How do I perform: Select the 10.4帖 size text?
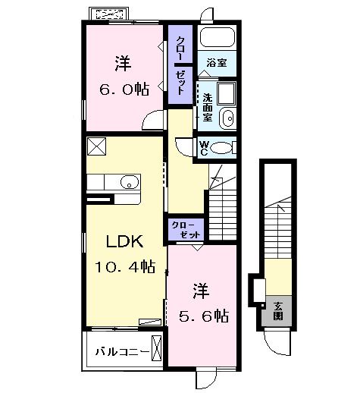pos(124,266)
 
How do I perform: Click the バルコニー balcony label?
pos(117,351)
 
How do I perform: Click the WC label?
pos(205,148)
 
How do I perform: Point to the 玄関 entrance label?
pos(277,310)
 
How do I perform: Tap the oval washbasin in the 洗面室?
pos(227,118)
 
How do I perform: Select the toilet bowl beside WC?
pos(223,148)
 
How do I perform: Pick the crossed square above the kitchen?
pos(97,146)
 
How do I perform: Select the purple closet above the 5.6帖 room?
pos(186,230)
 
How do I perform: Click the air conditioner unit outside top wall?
pos(110,14)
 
